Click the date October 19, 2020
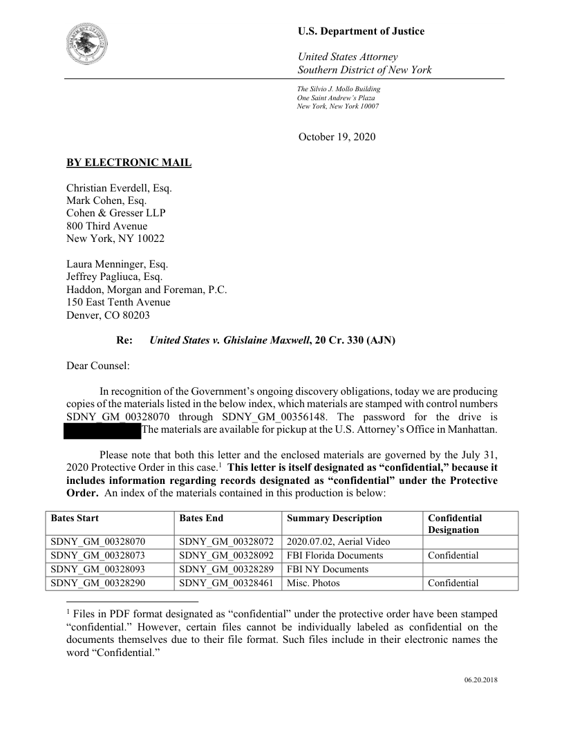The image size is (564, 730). coord(337,137)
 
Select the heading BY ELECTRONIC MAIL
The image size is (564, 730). coord(129,163)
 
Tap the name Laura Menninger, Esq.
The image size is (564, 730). coord(117,264)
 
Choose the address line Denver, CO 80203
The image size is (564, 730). coord(109,315)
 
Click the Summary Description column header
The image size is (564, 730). coord(334,518)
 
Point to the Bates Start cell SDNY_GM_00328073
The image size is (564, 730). coord(95,555)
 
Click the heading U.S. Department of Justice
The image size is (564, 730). coord(361,31)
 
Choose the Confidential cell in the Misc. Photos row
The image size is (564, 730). coord(453,583)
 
